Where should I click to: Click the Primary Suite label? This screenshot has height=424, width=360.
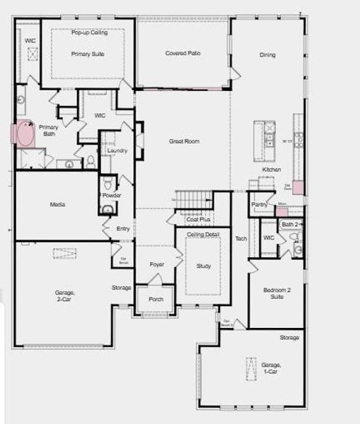coord(88,54)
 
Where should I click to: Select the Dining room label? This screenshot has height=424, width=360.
coord(267,55)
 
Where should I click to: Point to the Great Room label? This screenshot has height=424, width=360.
coord(184,141)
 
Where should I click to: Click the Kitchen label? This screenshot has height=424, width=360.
coord(272,170)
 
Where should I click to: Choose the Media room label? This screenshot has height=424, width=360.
coord(58,205)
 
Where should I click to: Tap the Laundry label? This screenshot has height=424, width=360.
coord(117,151)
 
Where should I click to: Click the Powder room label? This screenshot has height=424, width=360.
coord(112,196)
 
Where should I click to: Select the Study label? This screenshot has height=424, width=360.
coord(203,266)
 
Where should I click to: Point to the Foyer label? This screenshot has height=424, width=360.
coord(157,264)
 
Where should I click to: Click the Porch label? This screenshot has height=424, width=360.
coord(156,300)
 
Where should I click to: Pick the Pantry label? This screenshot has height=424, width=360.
coord(259,205)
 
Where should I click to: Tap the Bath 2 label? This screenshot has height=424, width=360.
coord(290,225)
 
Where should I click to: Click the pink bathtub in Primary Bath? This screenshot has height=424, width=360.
coord(25,135)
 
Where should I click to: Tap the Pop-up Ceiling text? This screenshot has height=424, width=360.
coord(88,33)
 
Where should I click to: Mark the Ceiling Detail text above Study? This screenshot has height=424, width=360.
coord(203,234)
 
